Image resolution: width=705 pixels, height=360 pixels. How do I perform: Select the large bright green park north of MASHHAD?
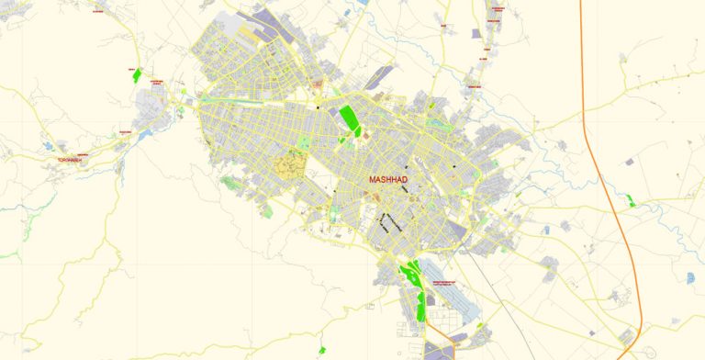pyautogui.click(x=349, y=119)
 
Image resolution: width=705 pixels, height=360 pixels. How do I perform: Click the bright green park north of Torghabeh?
pyautogui.click(x=136, y=75)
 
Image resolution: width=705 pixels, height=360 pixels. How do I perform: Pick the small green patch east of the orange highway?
pyautogui.click(x=630, y=200)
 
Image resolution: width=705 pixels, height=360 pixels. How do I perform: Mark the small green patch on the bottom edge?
pyautogui.click(x=322, y=350)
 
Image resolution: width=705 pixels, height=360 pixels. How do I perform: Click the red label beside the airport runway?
pyautogui.click(x=456, y=281)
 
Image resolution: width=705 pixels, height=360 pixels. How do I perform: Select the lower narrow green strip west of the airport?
pyautogui.click(x=422, y=306)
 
